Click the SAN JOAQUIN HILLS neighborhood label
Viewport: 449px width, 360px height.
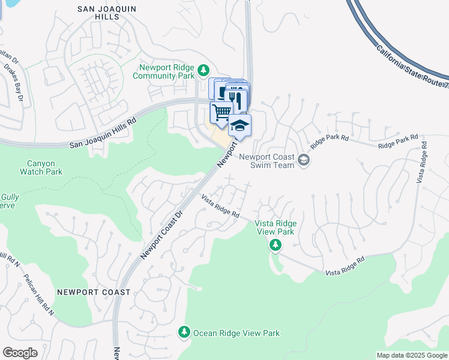coord(107,13)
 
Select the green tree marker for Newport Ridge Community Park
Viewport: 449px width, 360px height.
coord(204,71)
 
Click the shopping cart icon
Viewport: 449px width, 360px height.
coord(221,112)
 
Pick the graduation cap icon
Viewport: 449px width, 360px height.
coord(240,125)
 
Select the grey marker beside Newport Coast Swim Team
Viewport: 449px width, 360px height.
coord(304,160)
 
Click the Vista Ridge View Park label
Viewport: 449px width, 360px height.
coord(276,227)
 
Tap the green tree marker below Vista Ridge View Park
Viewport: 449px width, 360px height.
coord(276,244)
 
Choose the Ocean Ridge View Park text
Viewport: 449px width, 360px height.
coord(236,333)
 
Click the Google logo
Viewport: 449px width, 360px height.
coord(20,352)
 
